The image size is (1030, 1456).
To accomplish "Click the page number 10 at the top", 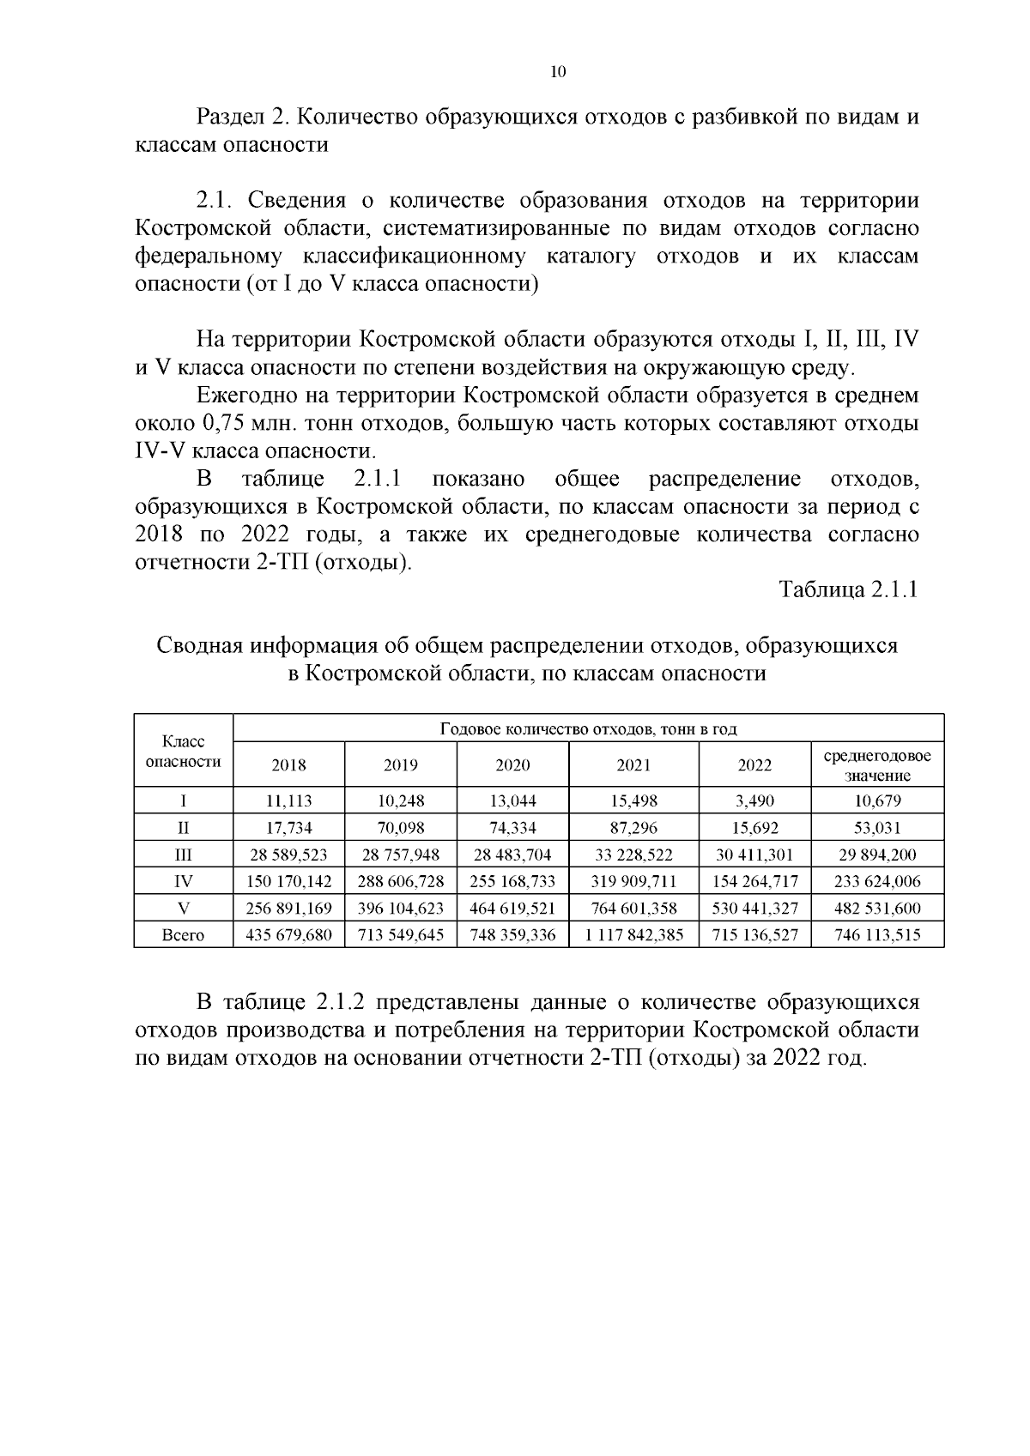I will click(x=558, y=72).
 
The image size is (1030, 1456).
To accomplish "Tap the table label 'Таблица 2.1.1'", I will click(x=848, y=589).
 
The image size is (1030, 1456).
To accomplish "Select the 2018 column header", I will click(x=288, y=765).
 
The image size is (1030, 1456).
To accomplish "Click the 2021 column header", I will click(x=633, y=765).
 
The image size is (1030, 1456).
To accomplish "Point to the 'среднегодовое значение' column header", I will click(x=877, y=765).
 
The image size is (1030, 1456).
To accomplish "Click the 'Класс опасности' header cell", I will click(x=184, y=751).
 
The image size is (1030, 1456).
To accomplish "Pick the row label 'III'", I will click(x=184, y=855).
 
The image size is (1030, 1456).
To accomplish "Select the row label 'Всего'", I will click(x=184, y=934).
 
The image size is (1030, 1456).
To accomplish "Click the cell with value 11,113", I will click(x=288, y=801).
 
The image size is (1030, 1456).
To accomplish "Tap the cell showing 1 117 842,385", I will click(x=633, y=934).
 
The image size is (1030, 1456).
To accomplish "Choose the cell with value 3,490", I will click(x=755, y=801).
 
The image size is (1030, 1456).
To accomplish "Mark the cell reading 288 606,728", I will click(x=401, y=881).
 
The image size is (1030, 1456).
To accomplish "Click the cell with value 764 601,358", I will click(x=633, y=908).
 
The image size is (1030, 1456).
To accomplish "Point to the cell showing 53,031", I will click(x=877, y=828).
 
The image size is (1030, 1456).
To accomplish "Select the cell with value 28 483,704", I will click(x=512, y=855).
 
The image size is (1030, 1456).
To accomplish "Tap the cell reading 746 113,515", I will click(x=877, y=934).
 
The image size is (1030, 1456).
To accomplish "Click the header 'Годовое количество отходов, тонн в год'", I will click(x=588, y=729).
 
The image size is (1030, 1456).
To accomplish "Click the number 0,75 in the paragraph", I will click(x=230, y=423).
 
